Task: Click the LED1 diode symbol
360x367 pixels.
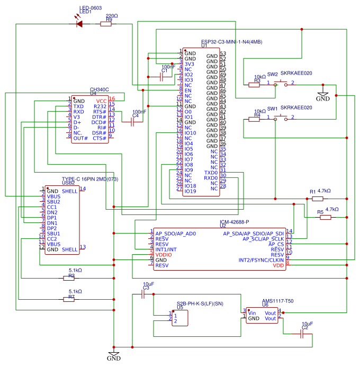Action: coord(79,23)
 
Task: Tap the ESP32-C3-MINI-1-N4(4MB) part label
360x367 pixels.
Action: coord(232,42)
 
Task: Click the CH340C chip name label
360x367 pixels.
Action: coord(100,90)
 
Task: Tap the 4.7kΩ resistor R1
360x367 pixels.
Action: coord(317,199)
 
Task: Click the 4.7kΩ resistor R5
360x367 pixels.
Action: coord(325,217)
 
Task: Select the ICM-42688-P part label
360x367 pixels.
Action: coord(234,222)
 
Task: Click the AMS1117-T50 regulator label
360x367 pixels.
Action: coord(277,300)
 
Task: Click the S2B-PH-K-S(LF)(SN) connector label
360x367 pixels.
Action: coord(200,303)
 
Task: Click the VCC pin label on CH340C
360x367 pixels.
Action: coord(102,101)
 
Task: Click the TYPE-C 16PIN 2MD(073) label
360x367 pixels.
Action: coord(89,179)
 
